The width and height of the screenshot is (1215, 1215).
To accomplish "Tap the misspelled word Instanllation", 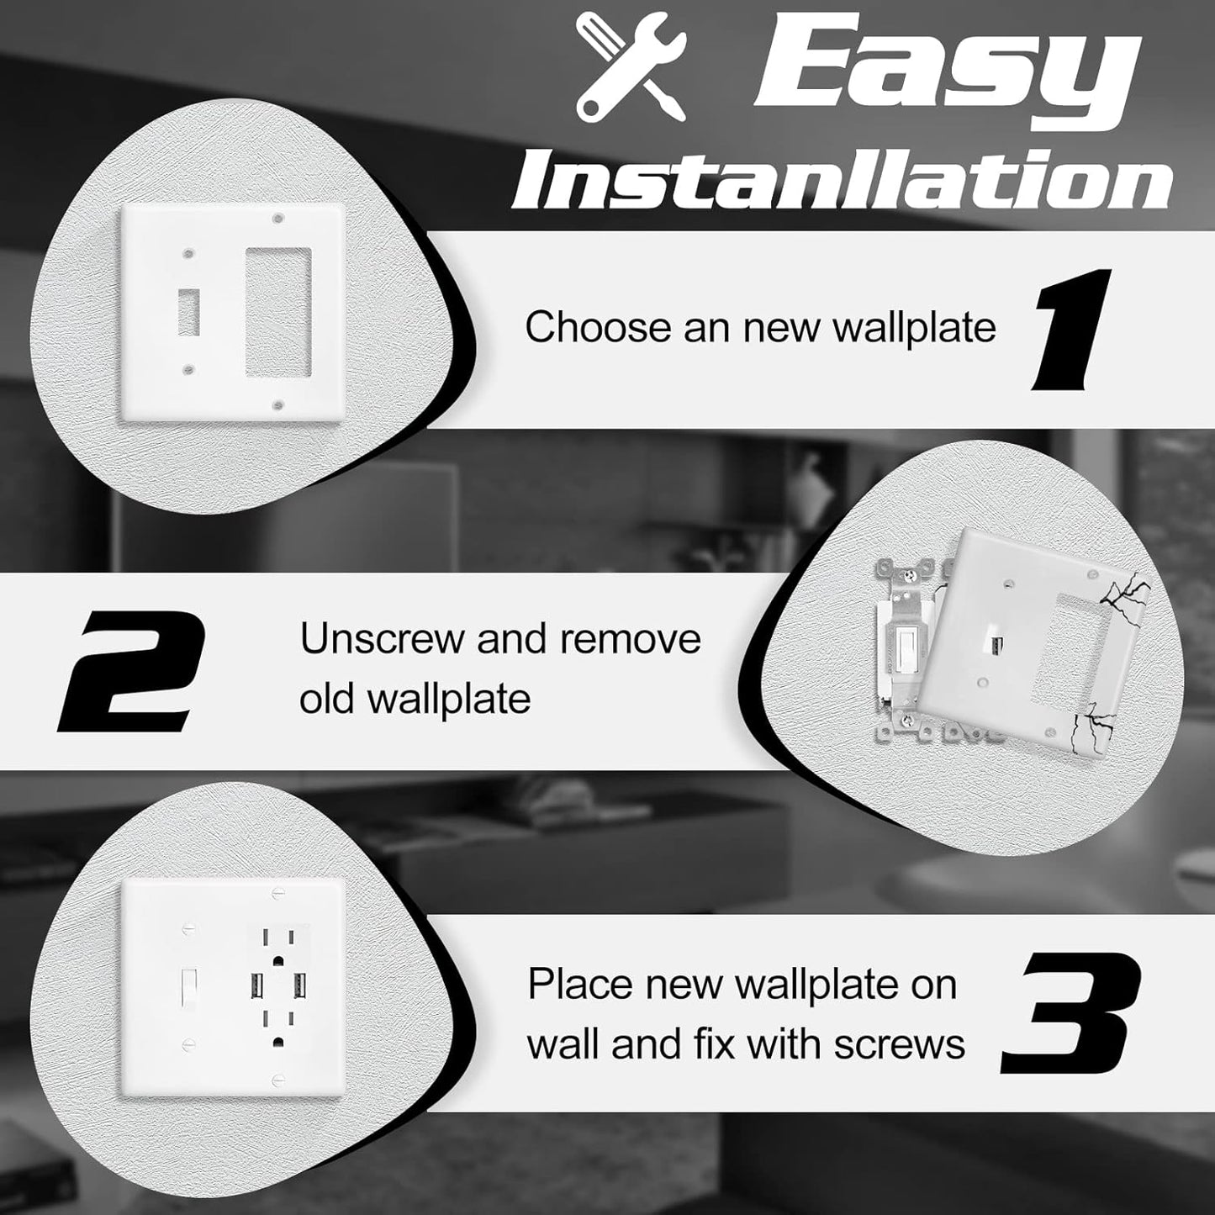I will click(x=841, y=182).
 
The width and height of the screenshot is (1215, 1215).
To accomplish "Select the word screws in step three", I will click(x=899, y=1044).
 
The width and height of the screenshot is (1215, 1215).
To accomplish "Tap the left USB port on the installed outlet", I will click(x=253, y=983).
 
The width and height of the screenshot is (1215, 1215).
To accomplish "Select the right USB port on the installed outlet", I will click(x=300, y=983).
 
